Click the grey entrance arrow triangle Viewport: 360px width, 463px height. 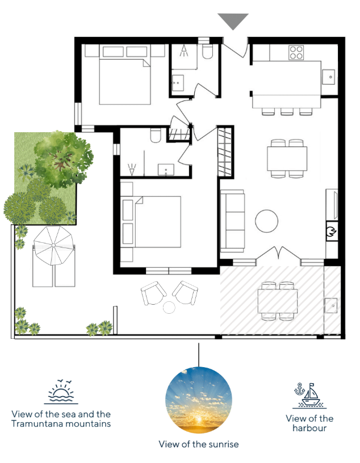click(x=233, y=20)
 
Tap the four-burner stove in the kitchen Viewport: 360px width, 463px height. click(x=296, y=53)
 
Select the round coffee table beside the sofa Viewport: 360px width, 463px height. click(x=267, y=221)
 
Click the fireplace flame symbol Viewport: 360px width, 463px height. click(x=332, y=230)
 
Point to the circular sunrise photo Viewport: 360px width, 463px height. click(x=199, y=401)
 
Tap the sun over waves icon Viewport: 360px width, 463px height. click(x=61, y=392)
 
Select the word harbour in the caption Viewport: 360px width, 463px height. click(x=309, y=428)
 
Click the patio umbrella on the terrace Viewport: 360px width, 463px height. click(x=53, y=245)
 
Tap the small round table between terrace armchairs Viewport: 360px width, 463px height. click(x=169, y=307)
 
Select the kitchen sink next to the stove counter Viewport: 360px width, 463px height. click(x=328, y=77)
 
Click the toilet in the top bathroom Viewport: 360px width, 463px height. click(x=207, y=52)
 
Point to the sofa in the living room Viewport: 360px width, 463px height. click(x=232, y=221)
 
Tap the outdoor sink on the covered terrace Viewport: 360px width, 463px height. click(x=331, y=305)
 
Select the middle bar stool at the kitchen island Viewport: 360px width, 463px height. click(x=287, y=111)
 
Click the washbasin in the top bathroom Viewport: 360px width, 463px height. click(x=178, y=82)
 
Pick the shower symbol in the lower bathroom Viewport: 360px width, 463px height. click(x=132, y=169)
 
